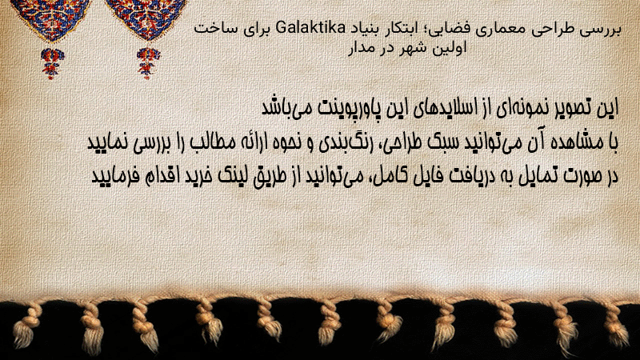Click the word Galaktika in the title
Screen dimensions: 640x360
click(310, 29)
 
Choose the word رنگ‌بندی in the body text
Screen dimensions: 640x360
click(338, 143)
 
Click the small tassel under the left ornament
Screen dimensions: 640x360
click(52, 62)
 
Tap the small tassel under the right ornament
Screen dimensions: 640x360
click(148, 62)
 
